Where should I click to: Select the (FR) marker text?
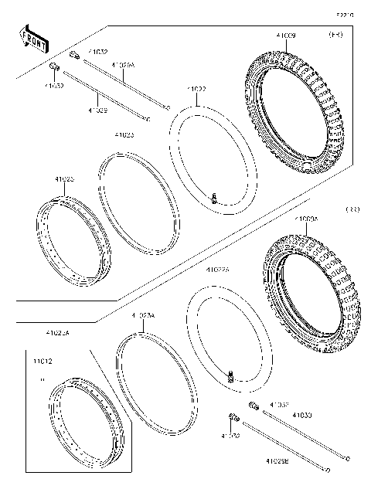point(336,35)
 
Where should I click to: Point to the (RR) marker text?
point(352,209)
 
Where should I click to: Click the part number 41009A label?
point(305,219)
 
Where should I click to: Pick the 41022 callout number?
point(197,90)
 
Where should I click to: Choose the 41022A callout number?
point(219,270)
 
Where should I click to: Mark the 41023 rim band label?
point(123,134)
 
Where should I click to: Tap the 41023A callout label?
point(143,316)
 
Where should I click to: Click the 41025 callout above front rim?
point(64,179)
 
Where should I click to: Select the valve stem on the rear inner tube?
point(230,376)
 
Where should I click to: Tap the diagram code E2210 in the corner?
point(345,15)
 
